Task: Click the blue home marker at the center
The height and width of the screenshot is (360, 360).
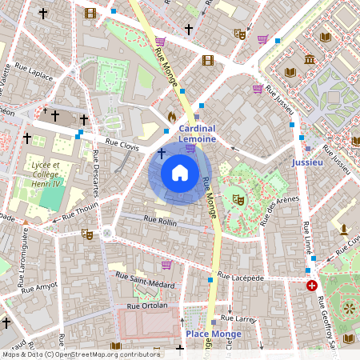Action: tap(179, 173)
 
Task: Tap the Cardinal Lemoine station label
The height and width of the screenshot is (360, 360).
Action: tap(197, 134)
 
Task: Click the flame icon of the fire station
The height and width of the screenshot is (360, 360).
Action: tap(171, 117)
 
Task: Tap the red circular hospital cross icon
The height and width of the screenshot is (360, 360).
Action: tap(312, 285)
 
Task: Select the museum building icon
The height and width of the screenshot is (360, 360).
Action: tap(310, 60)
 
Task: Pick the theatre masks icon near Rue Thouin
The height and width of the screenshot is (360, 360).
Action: tap(86, 234)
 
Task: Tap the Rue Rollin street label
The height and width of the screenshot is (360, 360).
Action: tap(160, 219)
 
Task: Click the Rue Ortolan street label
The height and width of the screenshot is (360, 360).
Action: tap(147, 306)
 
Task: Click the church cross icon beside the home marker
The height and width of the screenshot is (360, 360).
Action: tap(161, 152)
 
